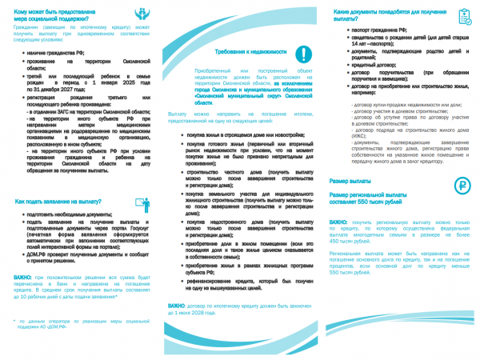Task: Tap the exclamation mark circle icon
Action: (303, 54)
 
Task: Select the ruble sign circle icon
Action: (462, 186)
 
